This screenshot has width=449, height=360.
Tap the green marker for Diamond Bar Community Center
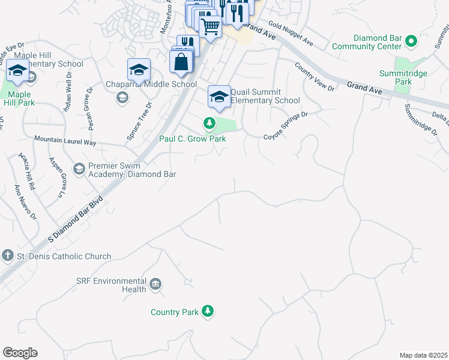point(411,41)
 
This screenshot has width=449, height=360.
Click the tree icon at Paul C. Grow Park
point(209,124)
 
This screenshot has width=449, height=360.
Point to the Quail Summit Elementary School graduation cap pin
point(220,97)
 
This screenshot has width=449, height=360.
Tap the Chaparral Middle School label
point(151,84)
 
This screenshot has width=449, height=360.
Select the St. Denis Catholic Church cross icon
point(7,256)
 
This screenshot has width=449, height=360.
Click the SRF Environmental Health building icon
point(155,284)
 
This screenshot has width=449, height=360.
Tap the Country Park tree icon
point(208,311)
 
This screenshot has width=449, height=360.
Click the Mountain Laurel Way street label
point(65,140)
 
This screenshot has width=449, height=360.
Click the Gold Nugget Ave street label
point(291,34)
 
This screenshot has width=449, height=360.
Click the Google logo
point(20,353)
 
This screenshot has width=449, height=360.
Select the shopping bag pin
point(181,62)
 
